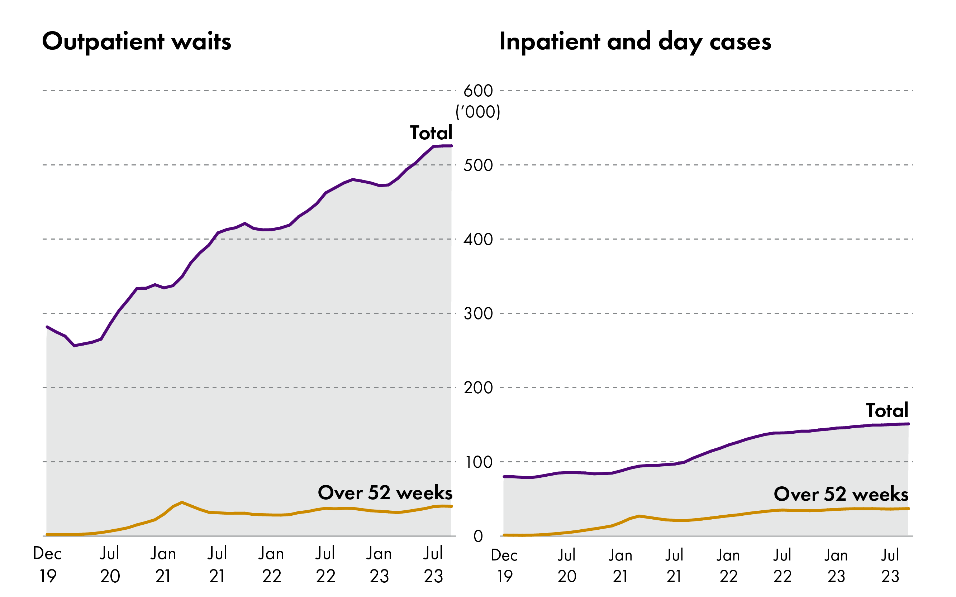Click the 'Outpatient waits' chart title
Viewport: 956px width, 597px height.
136,42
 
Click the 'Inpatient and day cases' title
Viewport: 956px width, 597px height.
635,42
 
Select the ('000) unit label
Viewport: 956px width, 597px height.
478,112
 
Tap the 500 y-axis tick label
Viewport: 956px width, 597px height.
478,165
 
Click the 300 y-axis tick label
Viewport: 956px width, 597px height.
478,313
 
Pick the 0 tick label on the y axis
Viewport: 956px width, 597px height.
478,536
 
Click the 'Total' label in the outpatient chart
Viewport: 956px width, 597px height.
431,133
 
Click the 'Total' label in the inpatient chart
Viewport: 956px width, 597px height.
887,410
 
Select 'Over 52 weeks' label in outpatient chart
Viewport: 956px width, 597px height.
385,493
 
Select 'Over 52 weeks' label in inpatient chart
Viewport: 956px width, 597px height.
841,494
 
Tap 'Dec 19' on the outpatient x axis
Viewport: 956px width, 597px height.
47,565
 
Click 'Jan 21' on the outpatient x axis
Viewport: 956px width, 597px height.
163,565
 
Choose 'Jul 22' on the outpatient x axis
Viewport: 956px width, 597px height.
325,565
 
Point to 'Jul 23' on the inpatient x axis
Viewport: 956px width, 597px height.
890,565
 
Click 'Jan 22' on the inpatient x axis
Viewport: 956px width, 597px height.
728,565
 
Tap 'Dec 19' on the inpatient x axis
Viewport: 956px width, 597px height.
504,565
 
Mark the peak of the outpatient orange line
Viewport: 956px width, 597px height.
181,502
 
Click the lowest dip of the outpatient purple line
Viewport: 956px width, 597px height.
74,346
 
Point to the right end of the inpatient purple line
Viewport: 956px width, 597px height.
908,424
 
